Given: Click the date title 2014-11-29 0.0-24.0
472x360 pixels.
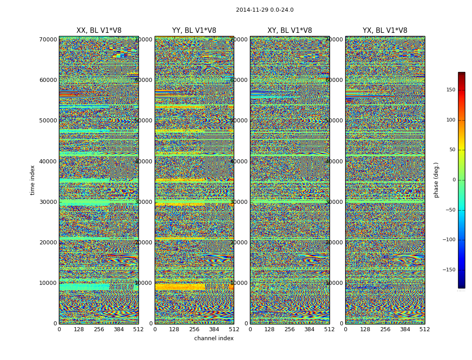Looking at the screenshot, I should [x=264, y=10].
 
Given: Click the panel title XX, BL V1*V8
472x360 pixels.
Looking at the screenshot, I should [x=98, y=31].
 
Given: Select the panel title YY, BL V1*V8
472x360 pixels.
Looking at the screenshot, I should [x=194, y=31].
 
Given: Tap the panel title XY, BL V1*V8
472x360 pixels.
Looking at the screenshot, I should [x=289, y=31].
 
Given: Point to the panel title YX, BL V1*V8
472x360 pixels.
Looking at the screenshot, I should [x=385, y=31].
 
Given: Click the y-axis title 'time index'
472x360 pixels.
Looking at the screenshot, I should [x=32, y=180].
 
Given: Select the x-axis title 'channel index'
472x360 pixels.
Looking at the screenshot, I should [x=214, y=338].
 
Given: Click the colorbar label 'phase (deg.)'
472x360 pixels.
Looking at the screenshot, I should [x=436, y=180].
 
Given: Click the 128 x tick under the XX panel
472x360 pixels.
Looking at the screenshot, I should [x=79, y=329].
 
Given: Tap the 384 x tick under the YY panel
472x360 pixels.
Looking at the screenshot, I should [x=214, y=329].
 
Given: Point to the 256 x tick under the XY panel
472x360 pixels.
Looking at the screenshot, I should [x=289, y=329].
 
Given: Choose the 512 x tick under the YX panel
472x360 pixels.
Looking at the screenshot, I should [x=424, y=329].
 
